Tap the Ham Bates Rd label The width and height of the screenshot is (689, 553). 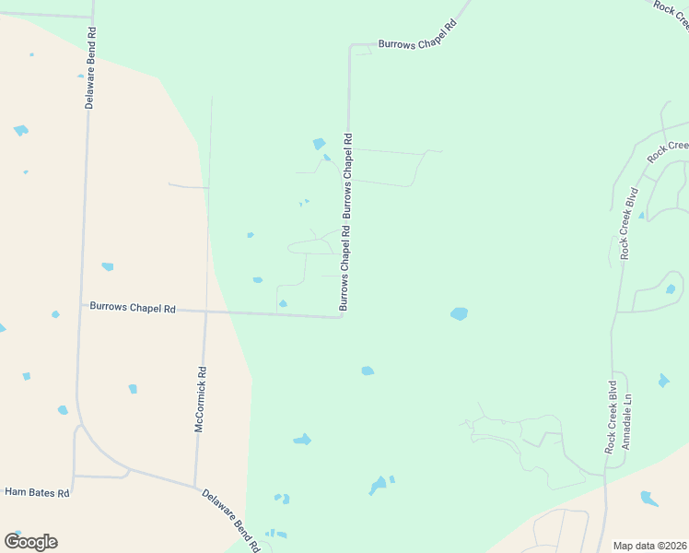click(37, 493)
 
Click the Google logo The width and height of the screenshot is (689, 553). click(30, 541)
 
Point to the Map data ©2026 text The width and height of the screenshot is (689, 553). click(649, 546)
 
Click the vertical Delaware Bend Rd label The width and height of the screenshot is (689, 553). click(90, 67)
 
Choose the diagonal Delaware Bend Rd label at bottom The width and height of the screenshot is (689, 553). click(230, 521)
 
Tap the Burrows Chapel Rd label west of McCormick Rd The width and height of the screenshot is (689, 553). click(132, 308)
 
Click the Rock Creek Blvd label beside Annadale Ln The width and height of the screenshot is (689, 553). click(610, 417)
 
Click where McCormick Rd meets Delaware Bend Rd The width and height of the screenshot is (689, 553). click(195, 485)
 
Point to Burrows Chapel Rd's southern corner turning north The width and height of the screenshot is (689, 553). click(343, 317)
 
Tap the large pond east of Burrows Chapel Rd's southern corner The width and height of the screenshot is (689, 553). click(459, 313)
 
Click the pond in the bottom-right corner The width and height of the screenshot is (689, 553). click(649, 499)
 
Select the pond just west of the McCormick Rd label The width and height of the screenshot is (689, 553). click(133, 389)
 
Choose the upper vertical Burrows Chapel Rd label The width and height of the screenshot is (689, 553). click(348, 176)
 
